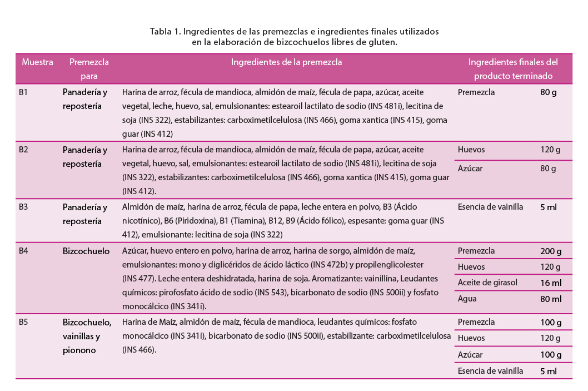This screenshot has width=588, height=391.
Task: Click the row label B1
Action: pos(23,92)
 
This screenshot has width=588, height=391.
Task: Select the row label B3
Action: pos(23,207)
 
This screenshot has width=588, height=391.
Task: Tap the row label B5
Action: pos(23,322)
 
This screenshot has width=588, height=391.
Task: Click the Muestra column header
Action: pos(38,62)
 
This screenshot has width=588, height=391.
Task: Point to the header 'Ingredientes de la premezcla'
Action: pos(286,62)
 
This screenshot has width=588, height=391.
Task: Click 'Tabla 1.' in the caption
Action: pos(165,31)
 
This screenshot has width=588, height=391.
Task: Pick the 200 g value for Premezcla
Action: pos(550,251)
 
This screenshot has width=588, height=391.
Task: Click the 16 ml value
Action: pos(550,283)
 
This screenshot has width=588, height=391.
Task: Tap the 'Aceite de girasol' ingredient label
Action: pos(487,283)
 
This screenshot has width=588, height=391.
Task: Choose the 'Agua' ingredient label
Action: pos(467,299)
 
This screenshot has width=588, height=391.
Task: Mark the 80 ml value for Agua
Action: pos(550,299)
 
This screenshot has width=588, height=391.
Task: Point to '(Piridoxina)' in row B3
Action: pos(156,221)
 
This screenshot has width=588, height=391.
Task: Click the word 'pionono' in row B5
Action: pos(79,350)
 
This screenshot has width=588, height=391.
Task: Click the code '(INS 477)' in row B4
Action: pos(141,278)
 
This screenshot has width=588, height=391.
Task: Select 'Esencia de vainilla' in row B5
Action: pos(490,371)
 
